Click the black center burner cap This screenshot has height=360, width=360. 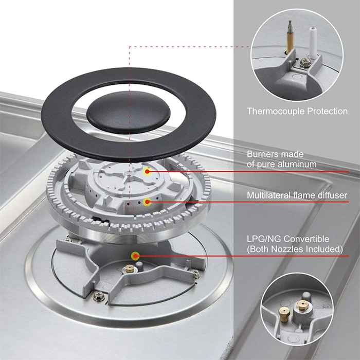coord(129,113)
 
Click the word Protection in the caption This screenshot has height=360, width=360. coord(328,111)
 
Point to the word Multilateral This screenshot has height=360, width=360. coord(268,195)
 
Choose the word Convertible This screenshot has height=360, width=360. coord(307,239)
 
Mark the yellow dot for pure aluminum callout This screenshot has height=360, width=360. coord(147,171)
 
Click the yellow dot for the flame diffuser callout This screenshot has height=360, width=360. coord(147,202)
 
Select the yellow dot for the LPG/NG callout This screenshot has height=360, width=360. coord(135,256)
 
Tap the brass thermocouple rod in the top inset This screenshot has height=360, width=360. coord(290,38)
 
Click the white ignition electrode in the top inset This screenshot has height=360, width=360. coord(313,43)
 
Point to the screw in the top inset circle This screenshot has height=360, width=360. coord(305,62)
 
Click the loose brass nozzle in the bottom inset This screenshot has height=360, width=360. coord(284,314)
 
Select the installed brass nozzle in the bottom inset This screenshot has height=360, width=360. coord(302,305)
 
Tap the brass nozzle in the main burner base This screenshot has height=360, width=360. coord(130,268)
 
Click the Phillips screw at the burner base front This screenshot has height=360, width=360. coord(99,296)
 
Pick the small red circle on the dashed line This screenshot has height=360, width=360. coord(129,208)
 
